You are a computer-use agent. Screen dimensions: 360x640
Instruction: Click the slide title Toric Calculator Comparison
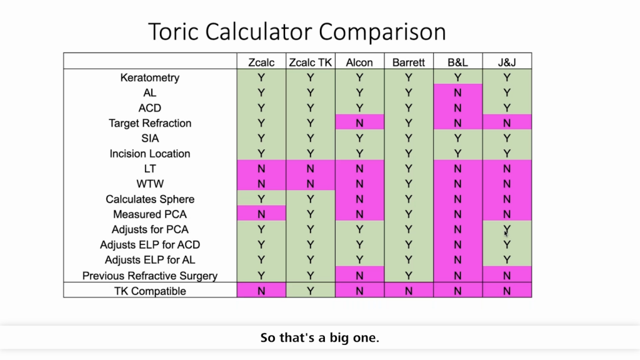tap(297, 31)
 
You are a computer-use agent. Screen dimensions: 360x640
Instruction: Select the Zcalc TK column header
tap(311, 62)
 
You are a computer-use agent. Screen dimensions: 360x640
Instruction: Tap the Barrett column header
tap(408, 62)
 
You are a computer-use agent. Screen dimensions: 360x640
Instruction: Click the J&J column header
tap(506, 62)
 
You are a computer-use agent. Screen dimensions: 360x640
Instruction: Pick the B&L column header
tap(457, 62)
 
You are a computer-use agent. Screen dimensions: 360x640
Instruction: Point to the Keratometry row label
tap(150, 77)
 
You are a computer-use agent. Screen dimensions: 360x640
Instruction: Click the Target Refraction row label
tap(150, 123)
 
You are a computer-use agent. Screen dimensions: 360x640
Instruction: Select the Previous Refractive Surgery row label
tap(150, 276)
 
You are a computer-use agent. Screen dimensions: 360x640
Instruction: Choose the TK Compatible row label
tap(150, 291)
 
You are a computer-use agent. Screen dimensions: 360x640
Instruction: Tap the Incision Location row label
tap(150, 154)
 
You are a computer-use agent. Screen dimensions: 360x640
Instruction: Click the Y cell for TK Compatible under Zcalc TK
tap(311, 291)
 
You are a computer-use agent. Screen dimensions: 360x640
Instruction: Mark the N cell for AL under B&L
tap(457, 92)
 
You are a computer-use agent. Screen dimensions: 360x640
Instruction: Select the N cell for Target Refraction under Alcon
tap(359, 123)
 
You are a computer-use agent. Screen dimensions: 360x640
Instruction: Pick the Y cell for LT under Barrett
tap(408, 169)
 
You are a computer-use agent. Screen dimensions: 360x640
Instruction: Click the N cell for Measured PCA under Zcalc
tap(261, 214)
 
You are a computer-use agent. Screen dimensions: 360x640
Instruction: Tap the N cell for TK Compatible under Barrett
tap(408, 291)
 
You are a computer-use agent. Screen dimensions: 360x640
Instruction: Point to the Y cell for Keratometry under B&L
tap(457, 77)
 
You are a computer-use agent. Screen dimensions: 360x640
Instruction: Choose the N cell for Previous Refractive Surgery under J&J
tap(506, 276)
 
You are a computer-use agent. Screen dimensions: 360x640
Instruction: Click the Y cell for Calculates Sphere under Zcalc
tap(261, 199)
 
